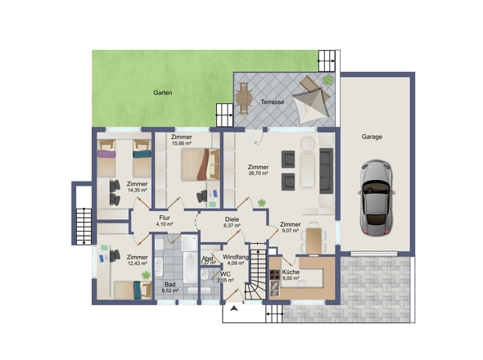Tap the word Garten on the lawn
pos(163,92)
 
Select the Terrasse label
pos(273,101)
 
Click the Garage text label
pos(372,137)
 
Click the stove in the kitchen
pos(275,271)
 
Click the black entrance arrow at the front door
pos(236,309)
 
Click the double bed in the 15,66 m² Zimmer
pos(196,164)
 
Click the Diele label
pos(232,219)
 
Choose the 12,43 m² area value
pos(137,264)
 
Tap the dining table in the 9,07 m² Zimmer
pos(314,240)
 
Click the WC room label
pos(224,273)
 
